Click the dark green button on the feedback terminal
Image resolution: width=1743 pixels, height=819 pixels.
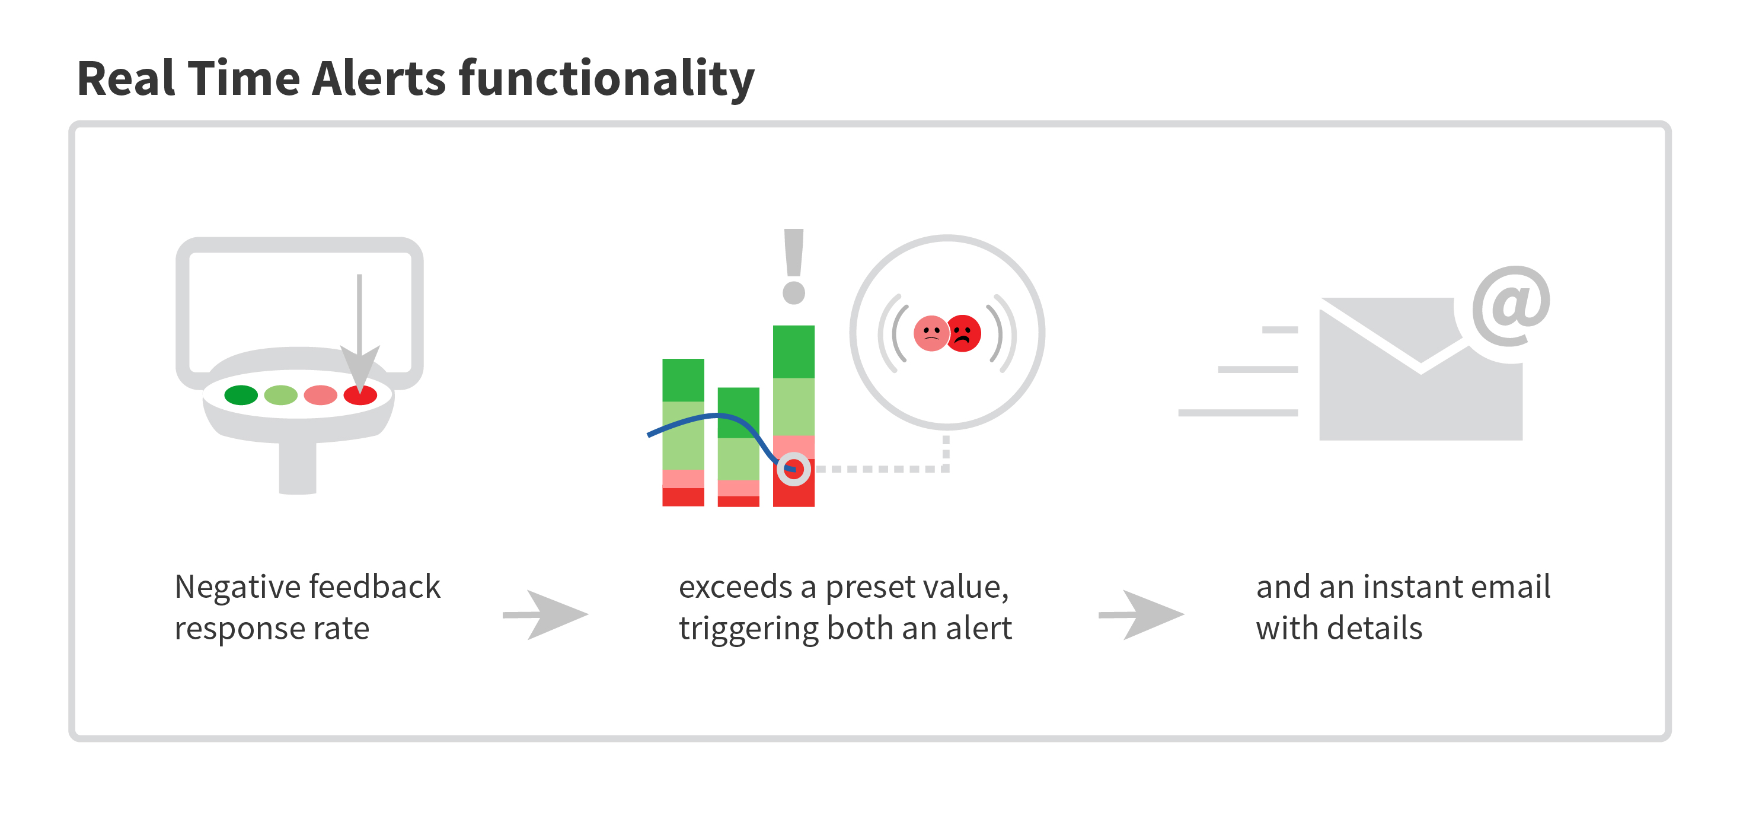click(x=241, y=394)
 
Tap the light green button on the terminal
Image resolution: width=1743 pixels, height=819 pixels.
click(x=281, y=394)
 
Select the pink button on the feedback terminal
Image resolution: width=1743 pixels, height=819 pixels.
click(x=321, y=394)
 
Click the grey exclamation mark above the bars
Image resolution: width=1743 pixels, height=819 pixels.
click(x=794, y=266)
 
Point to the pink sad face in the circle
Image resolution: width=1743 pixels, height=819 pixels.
click(x=931, y=333)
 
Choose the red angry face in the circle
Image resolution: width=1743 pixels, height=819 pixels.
click(x=963, y=333)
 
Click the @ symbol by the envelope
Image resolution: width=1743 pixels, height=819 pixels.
click(x=1512, y=306)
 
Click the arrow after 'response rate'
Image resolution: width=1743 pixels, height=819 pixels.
click(x=545, y=614)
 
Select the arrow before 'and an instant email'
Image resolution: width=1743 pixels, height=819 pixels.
click(x=1141, y=614)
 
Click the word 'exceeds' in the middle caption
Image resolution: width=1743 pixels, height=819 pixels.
click(x=736, y=587)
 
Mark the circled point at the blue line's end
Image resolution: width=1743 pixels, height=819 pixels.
click(x=794, y=469)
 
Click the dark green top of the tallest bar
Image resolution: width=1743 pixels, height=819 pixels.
click(x=794, y=352)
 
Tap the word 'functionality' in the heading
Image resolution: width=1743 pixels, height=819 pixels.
click(x=607, y=80)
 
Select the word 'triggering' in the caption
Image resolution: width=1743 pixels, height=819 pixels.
click(x=748, y=629)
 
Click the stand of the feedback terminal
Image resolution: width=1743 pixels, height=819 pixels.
click(x=298, y=467)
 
